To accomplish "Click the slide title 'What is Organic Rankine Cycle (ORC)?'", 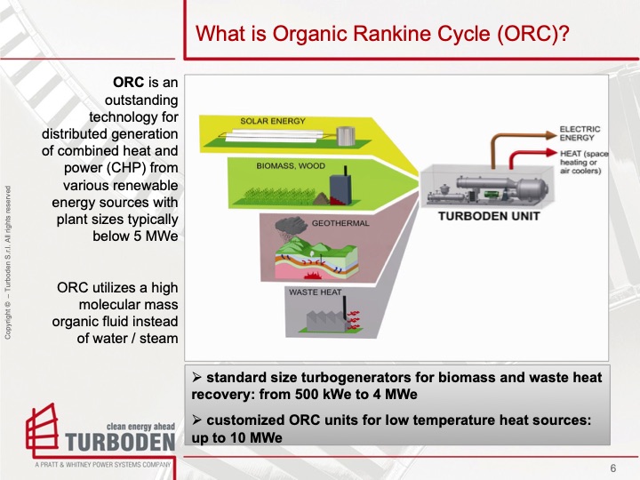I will tap(382, 35).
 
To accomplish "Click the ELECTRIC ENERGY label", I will tap(580, 133).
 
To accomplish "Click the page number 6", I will tap(613, 468).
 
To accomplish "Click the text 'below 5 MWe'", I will tap(136, 236).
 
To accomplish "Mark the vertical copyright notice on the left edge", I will tap(8, 262).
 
